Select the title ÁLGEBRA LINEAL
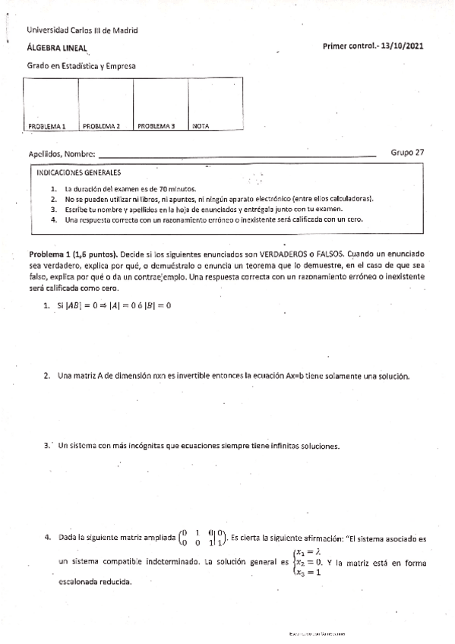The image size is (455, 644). [x=58, y=48]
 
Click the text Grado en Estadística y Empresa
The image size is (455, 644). [x=81, y=66]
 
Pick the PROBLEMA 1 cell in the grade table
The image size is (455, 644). [x=52, y=106]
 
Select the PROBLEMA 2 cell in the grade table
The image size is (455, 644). [x=106, y=106]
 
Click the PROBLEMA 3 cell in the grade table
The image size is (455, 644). [x=160, y=106]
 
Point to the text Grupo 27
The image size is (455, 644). [x=407, y=152]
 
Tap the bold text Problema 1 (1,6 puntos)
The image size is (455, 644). [x=73, y=251]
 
